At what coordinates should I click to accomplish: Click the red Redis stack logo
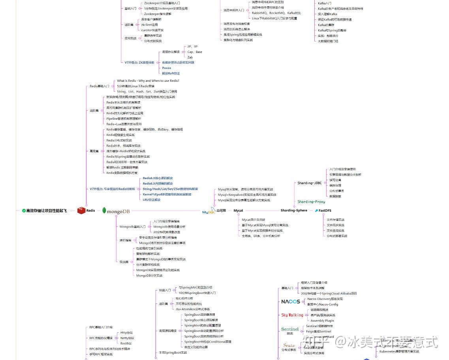pos(81,211)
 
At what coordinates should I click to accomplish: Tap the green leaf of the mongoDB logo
pos(104,211)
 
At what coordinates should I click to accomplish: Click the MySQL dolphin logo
pos(209,211)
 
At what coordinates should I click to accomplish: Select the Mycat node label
pos(238,211)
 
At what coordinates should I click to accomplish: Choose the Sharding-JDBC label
pos(309,183)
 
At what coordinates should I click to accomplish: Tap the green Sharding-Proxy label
pos(311,202)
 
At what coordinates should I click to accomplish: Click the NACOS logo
pos(290,302)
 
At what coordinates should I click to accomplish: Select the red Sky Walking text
pos(292,315)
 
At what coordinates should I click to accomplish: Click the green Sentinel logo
pos(290,329)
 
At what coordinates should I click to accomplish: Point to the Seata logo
pos(289,345)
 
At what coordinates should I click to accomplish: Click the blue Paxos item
pos(167,68)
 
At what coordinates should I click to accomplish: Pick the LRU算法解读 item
pos(152,200)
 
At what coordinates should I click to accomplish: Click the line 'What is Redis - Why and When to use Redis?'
pos(148,81)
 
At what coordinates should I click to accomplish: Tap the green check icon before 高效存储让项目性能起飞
pos(24,211)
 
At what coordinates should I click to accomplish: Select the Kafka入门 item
pos(325,3)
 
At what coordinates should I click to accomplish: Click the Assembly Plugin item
pos(322,320)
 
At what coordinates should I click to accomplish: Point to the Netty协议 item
pos(127,338)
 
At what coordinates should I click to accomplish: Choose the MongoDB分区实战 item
pos(149,275)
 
